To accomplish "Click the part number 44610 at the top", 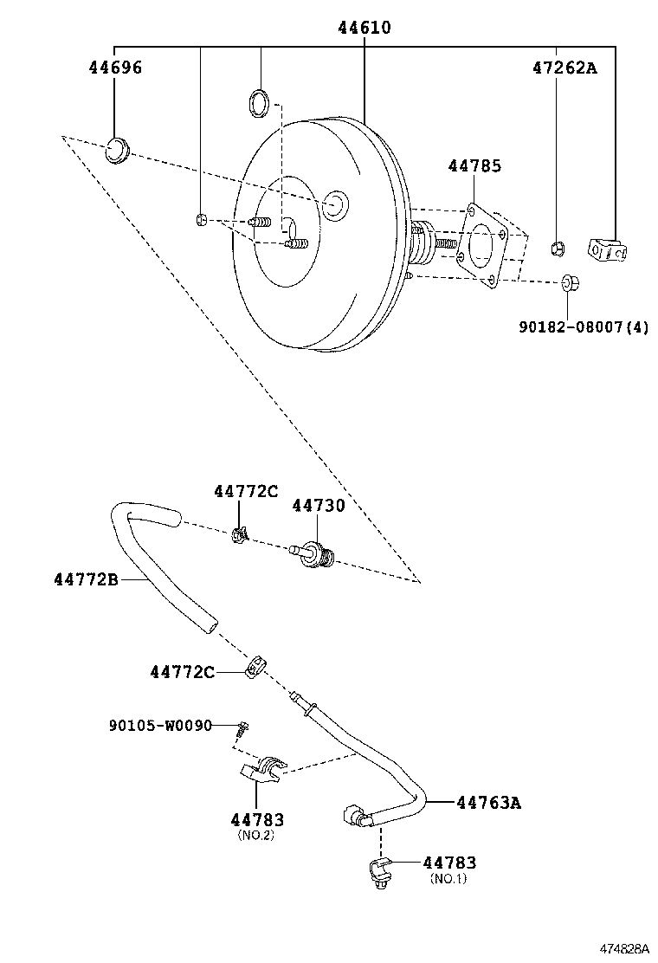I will click(364, 29).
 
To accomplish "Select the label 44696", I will click(114, 68).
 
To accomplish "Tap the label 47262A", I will click(564, 68).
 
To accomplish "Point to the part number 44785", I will click(474, 165).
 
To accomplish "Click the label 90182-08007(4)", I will click(584, 326).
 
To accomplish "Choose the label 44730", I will click(318, 505).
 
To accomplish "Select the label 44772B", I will click(86, 578).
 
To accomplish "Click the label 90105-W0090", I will click(160, 725).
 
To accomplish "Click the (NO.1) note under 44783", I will click(448, 878).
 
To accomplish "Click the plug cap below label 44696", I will click(117, 150).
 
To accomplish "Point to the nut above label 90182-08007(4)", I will click(570, 282).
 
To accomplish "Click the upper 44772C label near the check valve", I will click(246, 492).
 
